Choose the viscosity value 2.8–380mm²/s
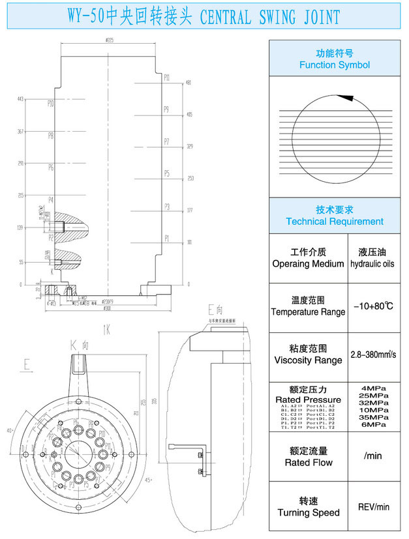(x=372, y=355)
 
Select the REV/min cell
(x=373, y=506)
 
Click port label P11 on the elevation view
(x=167, y=78)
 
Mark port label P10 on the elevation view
(x=50, y=104)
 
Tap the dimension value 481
(x=189, y=83)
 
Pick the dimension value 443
(x=20, y=99)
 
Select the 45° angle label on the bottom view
(x=149, y=480)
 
